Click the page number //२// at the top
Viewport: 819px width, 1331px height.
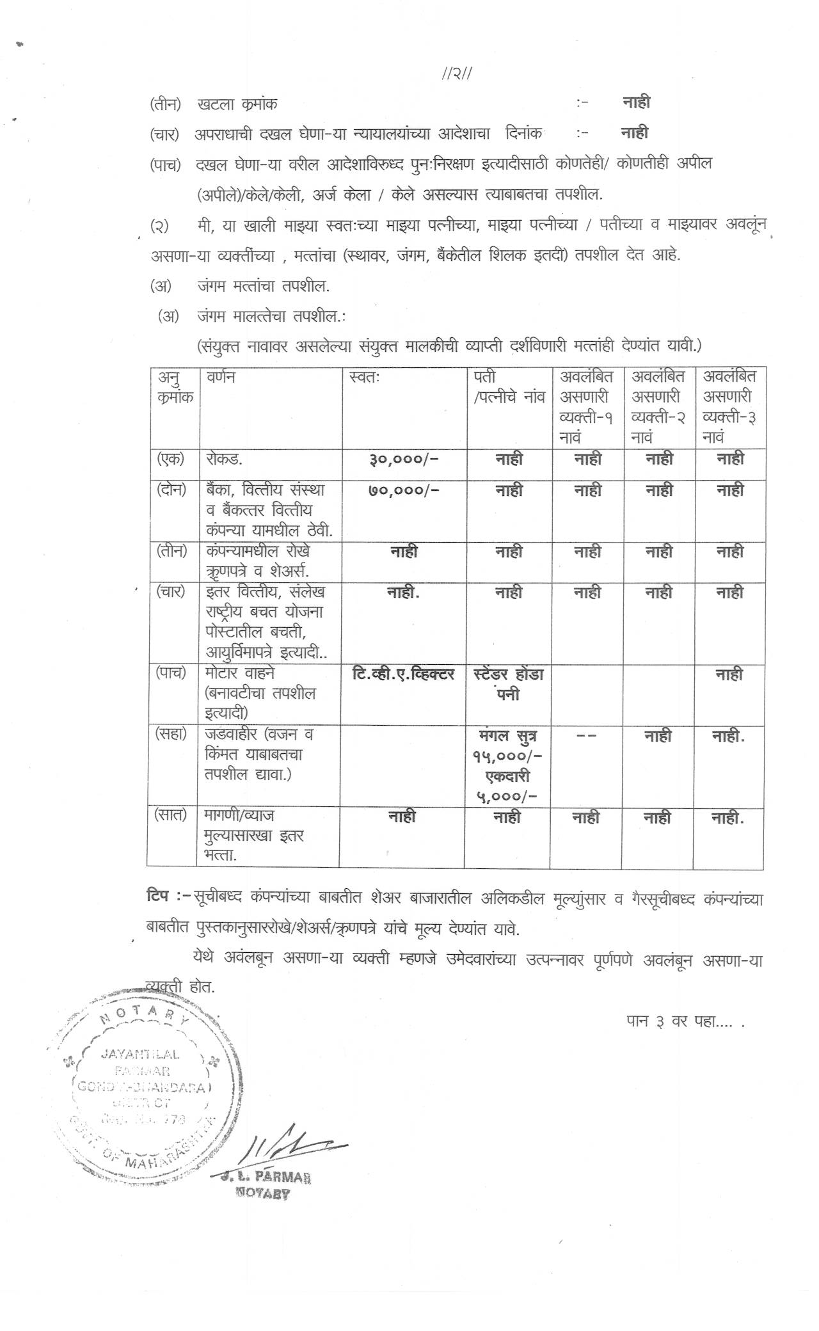tap(457, 74)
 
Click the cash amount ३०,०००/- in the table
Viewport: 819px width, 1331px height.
tap(404, 459)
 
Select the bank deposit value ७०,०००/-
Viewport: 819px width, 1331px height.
tap(404, 490)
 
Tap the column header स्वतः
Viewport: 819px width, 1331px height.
tap(365, 378)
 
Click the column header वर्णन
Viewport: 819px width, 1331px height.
tap(220, 378)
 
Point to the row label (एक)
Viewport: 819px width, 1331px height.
tap(171, 459)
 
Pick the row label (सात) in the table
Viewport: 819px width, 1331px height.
tap(170, 815)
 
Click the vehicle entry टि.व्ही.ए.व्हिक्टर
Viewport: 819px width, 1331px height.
tap(403, 674)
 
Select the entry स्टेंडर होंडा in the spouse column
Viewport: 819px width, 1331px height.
tap(509, 674)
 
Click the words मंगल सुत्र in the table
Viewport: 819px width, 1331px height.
tap(508, 736)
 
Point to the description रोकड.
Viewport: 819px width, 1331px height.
tap(224, 459)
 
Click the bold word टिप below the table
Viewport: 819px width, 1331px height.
tap(157, 897)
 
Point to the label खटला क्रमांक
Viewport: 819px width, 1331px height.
tap(237, 104)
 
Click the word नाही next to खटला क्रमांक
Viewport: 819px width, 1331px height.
tap(636, 102)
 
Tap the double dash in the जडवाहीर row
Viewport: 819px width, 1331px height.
tap(586, 736)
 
